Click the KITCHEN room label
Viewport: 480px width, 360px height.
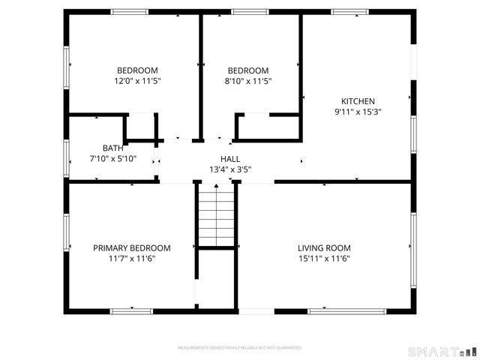coord(358,101)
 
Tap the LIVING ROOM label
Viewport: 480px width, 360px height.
coord(324,248)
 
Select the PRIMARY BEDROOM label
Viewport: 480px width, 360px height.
coord(131,248)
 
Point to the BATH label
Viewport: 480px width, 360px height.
coord(112,148)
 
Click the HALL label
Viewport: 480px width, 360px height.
coord(230,159)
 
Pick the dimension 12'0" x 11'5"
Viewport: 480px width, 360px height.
coord(137,81)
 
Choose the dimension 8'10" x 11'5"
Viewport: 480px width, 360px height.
coord(248,81)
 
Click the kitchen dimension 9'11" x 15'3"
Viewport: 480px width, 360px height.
coord(358,112)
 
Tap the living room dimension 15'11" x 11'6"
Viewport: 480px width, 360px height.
coord(324,259)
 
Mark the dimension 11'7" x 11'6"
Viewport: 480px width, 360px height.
coord(131,259)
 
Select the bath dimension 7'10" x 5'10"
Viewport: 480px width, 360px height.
coord(112,158)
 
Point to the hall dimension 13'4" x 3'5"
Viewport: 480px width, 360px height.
coord(230,169)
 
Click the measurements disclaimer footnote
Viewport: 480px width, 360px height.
coord(239,348)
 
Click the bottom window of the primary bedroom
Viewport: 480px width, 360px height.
coord(131,310)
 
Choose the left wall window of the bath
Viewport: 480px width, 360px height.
coord(67,157)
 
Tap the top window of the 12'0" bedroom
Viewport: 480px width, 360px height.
coord(130,12)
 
